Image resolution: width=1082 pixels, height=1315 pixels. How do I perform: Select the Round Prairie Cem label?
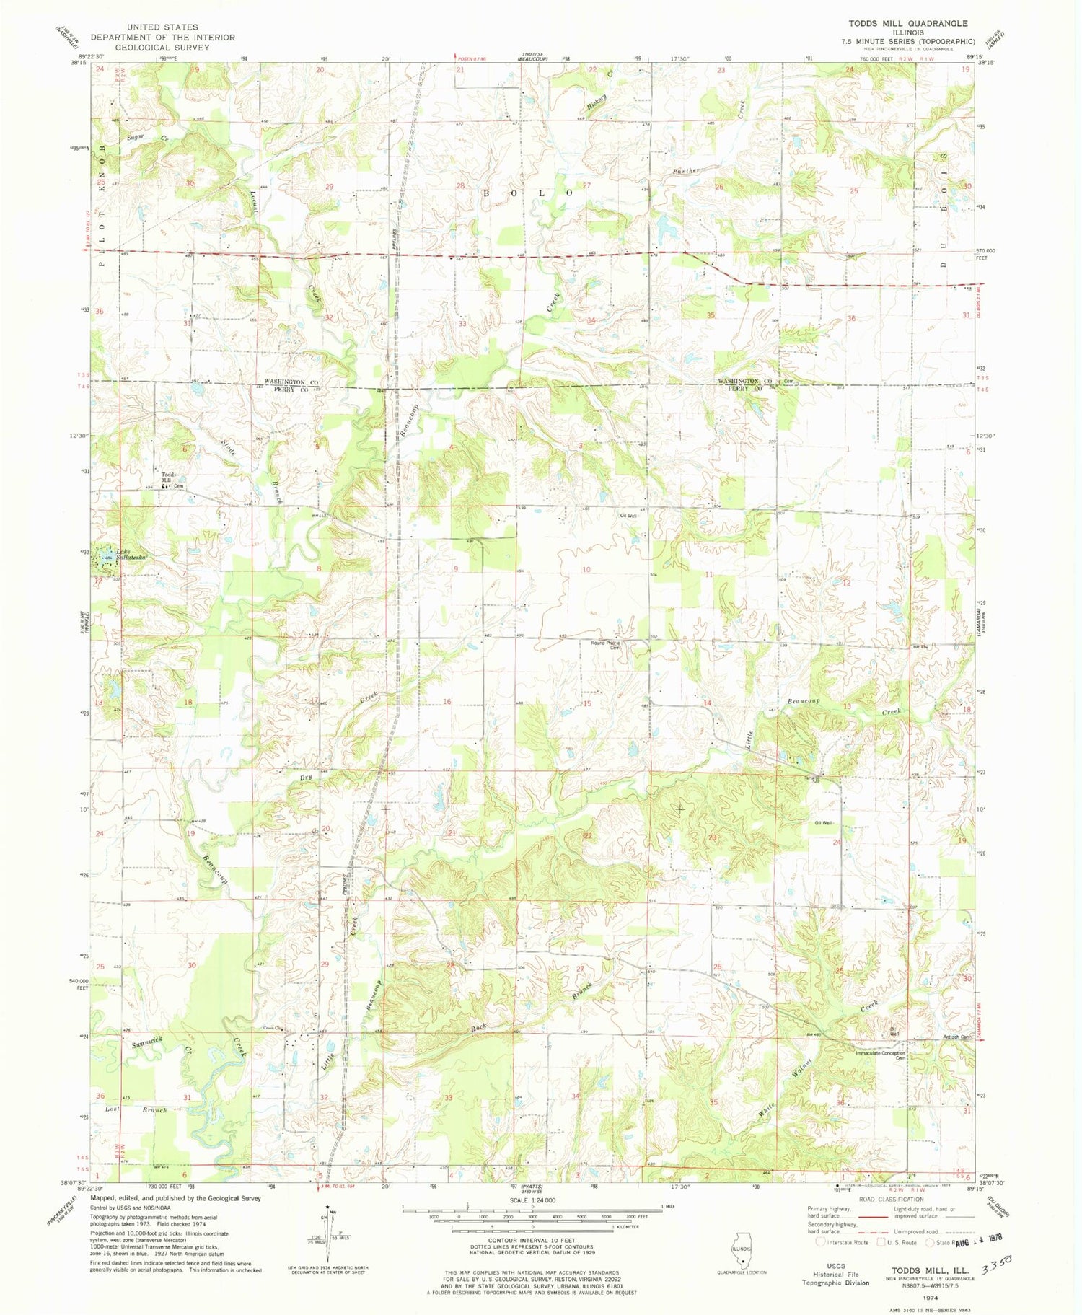click(x=606, y=645)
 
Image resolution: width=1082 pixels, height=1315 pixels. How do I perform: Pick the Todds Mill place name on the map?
click(x=168, y=478)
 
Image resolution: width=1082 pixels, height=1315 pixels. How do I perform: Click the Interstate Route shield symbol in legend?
click(x=820, y=1242)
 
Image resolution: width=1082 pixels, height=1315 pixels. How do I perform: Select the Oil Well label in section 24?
click(x=824, y=822)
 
